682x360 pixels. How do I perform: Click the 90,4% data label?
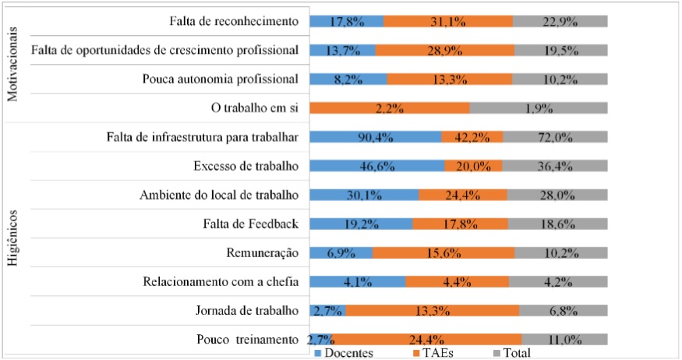pyautogui.click(x=375, y=137)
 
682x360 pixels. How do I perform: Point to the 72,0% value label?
pyautogui.click(x=555, y=137)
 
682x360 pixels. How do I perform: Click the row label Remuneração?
pyautogui.click(x=262, y=253)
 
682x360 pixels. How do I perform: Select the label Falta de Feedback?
pyautogui.click(x=250, y=224)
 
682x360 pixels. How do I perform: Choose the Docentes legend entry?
pyautogui.click(x=343, y=353)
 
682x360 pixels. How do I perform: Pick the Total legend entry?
pyautogui.click(x=511, y=353)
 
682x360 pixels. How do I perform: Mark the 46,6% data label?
pyautogui.click(x=376, y=166)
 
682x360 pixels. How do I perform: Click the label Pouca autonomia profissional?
pyautogui.click(x=221, y=79)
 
